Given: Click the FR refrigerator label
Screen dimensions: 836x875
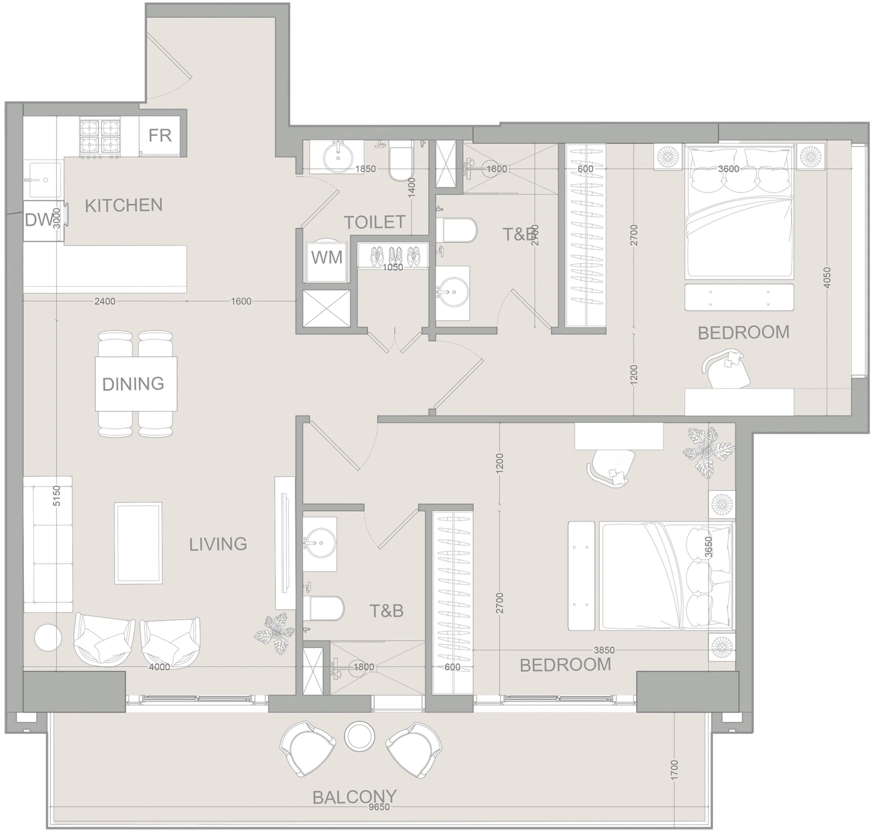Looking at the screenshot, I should [160, 135].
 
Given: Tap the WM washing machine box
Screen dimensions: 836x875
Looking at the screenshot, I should [326, 258].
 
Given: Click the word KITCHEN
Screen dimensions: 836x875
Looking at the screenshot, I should [124, 206].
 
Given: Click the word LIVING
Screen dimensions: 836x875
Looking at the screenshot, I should [218, 544].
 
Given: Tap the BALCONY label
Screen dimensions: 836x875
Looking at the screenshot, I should [355, 797].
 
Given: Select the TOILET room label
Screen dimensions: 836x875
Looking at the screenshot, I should [374, 222].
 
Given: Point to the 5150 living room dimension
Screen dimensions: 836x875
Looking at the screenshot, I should [56, 495].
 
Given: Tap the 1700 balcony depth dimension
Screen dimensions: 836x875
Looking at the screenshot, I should [674, 770].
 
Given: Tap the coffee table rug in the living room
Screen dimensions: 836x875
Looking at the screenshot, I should [138, 543].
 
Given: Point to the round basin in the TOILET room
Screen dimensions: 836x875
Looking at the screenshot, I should [338, 157].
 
